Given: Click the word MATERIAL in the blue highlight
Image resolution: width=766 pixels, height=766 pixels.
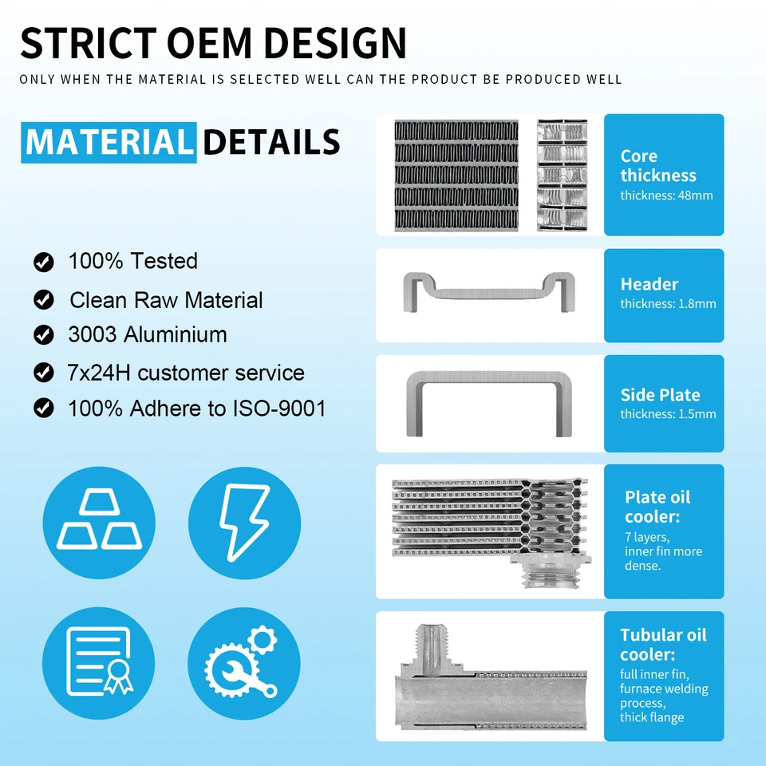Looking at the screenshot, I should pyautogui.click(x=109, y=142).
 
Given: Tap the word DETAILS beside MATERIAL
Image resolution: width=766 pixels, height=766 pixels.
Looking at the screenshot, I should pyautogui.click(x=271, y=142).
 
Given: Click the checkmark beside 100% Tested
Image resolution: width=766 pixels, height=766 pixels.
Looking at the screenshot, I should pyautogui.click(x=43, y=262).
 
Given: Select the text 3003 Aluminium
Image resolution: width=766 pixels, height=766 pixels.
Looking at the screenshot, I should pyautogui.click(x=148, y=334).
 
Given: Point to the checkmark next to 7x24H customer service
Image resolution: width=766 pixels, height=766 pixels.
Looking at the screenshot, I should pyautogui.click(x=43, y=372).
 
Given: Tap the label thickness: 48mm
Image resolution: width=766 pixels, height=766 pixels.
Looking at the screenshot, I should pyautogui.click(x=666, y=195).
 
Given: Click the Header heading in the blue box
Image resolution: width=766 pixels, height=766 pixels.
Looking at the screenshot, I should pyautogui.click(x=650, y=284).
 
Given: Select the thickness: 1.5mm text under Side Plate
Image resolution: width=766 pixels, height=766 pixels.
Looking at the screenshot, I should pyautogui.click(x=668, y=414).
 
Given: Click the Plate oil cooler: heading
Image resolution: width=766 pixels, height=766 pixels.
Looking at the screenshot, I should pyautogui.click(x=657, y=507).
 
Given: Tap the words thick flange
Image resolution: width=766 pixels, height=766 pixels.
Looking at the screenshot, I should pyautogui.click(x=652, y=717).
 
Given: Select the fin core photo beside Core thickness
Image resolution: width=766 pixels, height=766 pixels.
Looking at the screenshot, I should pyautogui.click(x=456, y=176).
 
